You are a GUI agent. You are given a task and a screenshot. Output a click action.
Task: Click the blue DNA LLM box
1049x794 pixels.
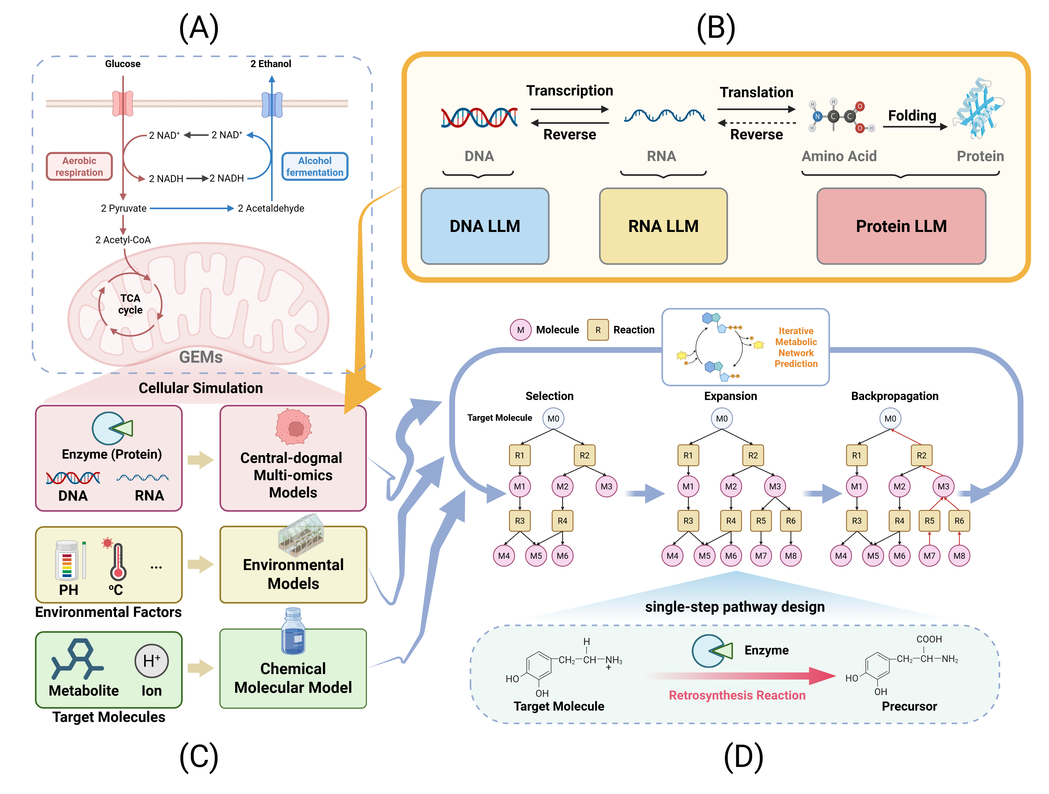point(485,226)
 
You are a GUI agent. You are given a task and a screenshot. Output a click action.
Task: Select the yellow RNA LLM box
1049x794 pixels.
point(663,226)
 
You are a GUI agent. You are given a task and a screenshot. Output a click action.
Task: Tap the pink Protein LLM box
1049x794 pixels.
point(901,226)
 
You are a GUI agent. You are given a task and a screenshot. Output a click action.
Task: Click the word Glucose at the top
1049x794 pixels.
point(123,64)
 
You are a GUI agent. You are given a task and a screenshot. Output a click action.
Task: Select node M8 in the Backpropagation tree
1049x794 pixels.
point(959,556)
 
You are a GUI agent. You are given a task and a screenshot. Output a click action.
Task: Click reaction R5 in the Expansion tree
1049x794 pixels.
point(761,521)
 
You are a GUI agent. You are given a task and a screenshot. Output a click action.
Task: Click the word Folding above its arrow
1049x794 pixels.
point(912,115)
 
